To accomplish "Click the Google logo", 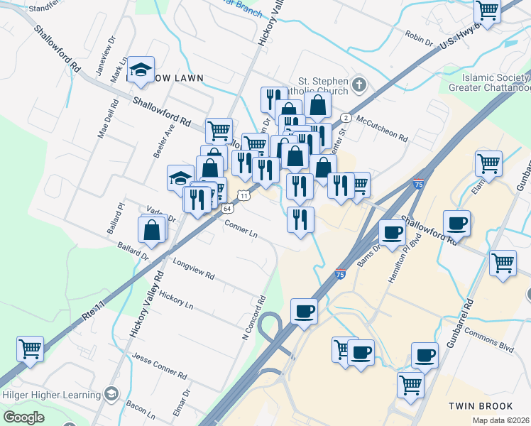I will pyautogui.click(x=23, y=417).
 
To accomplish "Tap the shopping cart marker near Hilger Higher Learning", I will pyautogui.click(x=31, y=349).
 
